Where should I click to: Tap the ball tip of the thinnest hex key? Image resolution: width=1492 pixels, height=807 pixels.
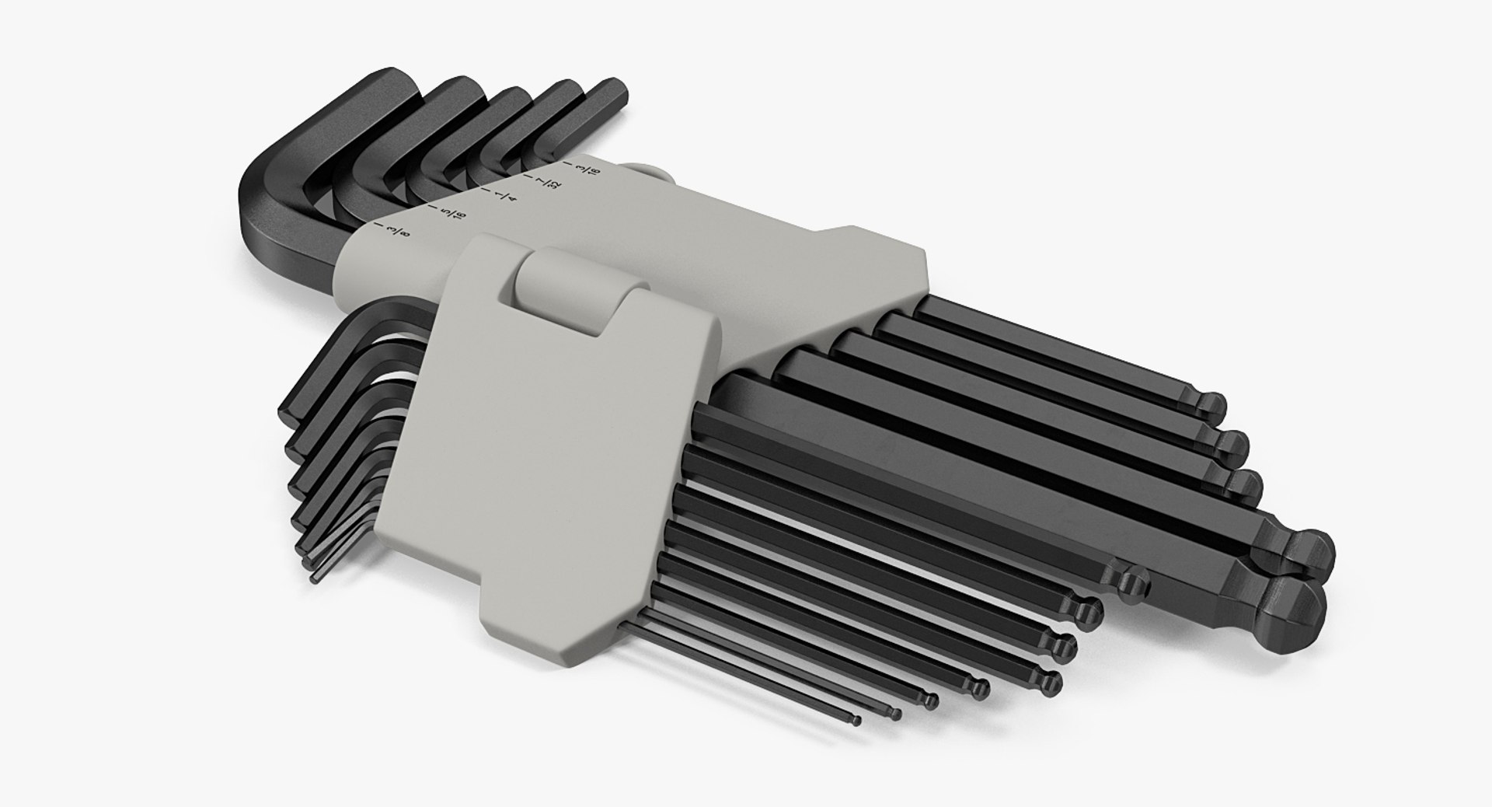coord(856,721)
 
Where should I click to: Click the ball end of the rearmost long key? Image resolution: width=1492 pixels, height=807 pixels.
coord(1211,405)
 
